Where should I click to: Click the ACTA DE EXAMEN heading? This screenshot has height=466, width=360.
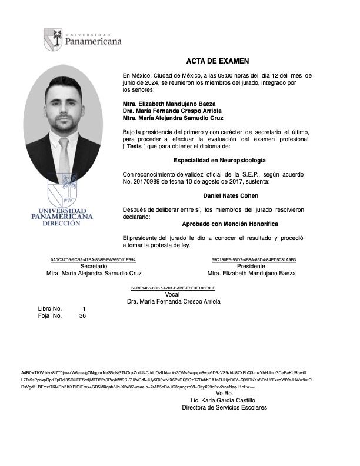pyautogui.click(x=218, y=61)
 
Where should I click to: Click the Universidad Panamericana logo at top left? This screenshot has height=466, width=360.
pyautogui.click(x=82, y=39)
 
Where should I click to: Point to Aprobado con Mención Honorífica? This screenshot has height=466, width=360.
pyautogui.click(x=222, y=224)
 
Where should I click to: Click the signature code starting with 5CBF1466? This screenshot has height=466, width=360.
pyautogui.click(x=173, y=288)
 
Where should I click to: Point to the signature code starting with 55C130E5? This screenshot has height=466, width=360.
pyautogui.click(x=254, y=259)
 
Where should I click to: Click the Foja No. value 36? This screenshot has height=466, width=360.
pyautogui.click(x=82, y=316)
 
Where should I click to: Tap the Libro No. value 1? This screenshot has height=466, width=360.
pyautogui.click(x=84, y=308)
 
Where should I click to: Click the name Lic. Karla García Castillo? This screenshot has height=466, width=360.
pyautogui.click(x=224, y=400)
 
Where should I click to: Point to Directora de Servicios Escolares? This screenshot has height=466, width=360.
pyautogui.click(x=224, y=407)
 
